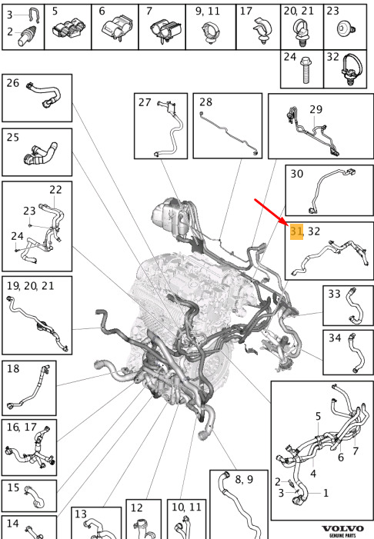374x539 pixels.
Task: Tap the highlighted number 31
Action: [x=296, y=231]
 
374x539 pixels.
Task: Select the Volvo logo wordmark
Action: [x=342, y=529]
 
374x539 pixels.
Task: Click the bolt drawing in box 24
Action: [x=306, y=71]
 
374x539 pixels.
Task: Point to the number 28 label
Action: [x=205, y=101]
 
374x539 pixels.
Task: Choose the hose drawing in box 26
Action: [x=44, y=94]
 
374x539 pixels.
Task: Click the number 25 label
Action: [x=13, y=137]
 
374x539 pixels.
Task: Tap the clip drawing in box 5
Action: [x=68, y=29]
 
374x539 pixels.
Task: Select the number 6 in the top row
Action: [x=102, y=11]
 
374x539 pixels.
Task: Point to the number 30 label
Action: [x=296, y=174]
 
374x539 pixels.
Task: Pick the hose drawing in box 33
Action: [x=355, y=306]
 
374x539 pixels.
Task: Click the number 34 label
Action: [x=335, y=338]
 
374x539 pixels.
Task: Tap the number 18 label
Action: [x=13, y=368]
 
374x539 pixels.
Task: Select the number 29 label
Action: [x=316, y=109]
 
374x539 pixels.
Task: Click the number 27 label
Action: [x=145, y=102]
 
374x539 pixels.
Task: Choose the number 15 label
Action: [x=13, y=487]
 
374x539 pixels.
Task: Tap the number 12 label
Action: [x=136, y=507]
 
